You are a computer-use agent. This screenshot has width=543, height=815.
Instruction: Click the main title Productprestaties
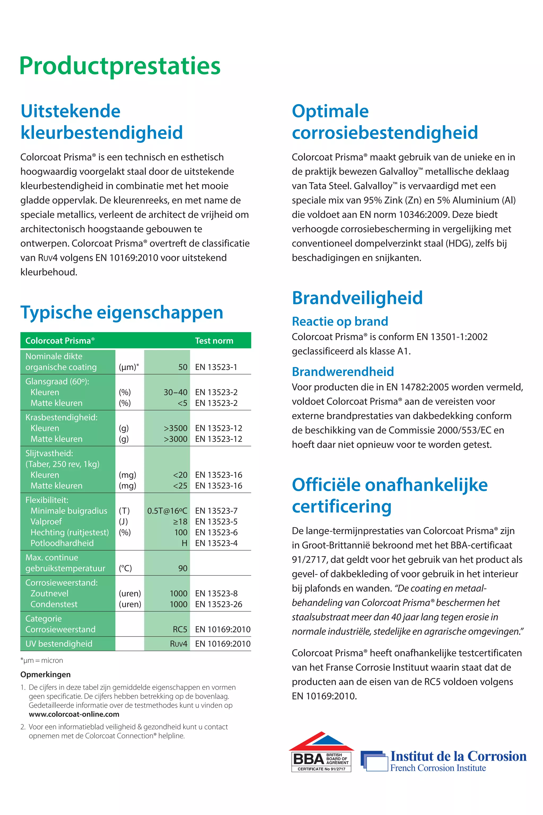tap(120, 66)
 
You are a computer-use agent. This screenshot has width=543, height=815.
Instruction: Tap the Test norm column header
tap(214, 341)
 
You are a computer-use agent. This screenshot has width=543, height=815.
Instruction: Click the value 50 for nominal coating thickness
tap(182, 367)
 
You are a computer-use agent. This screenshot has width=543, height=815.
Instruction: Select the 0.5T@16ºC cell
tap(167, 511)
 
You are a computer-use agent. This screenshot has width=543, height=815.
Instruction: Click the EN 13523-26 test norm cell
tap(218, 604)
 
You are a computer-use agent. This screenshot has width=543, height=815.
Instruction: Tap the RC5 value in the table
tap(180, 629)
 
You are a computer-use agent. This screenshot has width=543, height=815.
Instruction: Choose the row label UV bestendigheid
tap(59, 644)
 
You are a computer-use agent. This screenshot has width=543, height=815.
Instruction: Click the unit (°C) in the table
tap(125, 568)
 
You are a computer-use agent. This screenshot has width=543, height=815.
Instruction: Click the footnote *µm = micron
tap(42, 660)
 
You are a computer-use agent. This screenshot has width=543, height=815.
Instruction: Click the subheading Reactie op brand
tap(340, 321)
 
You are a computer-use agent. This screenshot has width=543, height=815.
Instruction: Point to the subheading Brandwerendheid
tap(343, 371)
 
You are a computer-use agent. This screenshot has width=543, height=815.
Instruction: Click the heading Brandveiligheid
tap(357, 298)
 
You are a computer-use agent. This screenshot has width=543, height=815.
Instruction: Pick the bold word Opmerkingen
tap(45, 674)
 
